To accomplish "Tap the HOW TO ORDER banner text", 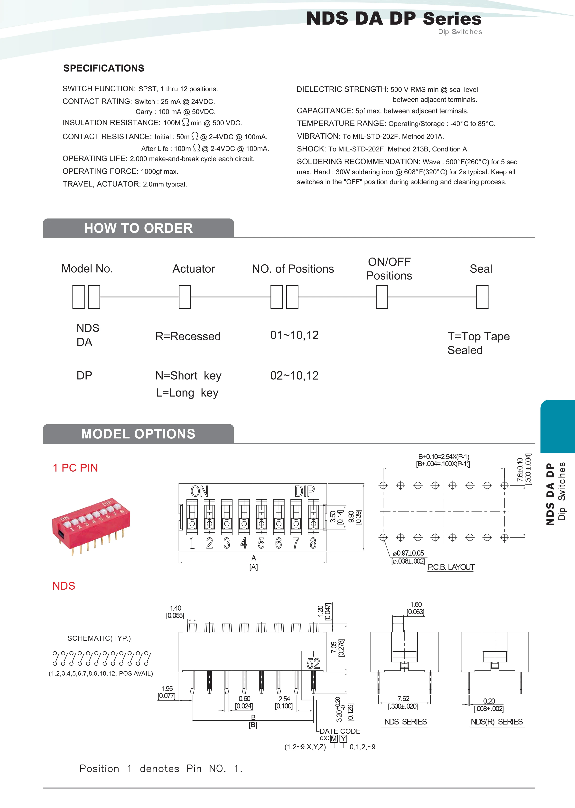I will pyautogui.click(x=139, y=228).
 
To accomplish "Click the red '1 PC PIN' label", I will pyautogui.click(x=75, y=468).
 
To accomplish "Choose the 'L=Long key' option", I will pyautogui.click(x=187, y=393).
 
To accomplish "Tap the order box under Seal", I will pyautogui.click(x=482, y=297).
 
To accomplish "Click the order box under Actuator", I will pyautogui.click(x=185, y=297).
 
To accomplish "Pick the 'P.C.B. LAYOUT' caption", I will pyautogui.click(x=451, y=567).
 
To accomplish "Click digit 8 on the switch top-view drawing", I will pyautogui.click(x=313, y=543).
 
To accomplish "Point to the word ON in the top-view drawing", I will pyautogui.click(x=199, y=492).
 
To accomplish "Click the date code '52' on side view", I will pyautogui.click(x=313, y=664).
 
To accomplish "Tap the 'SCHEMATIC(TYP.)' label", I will pyautogui.click(x=99, y=638).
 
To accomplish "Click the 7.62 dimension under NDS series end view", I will pyautogui.click(x=403, y=699).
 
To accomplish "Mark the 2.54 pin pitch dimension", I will pyautogui.click(x=284, y=699).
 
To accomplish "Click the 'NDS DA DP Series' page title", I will pyautogui.click(x=393, y=19).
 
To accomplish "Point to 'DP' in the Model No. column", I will pyautogui.click(x=84, y=375).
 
